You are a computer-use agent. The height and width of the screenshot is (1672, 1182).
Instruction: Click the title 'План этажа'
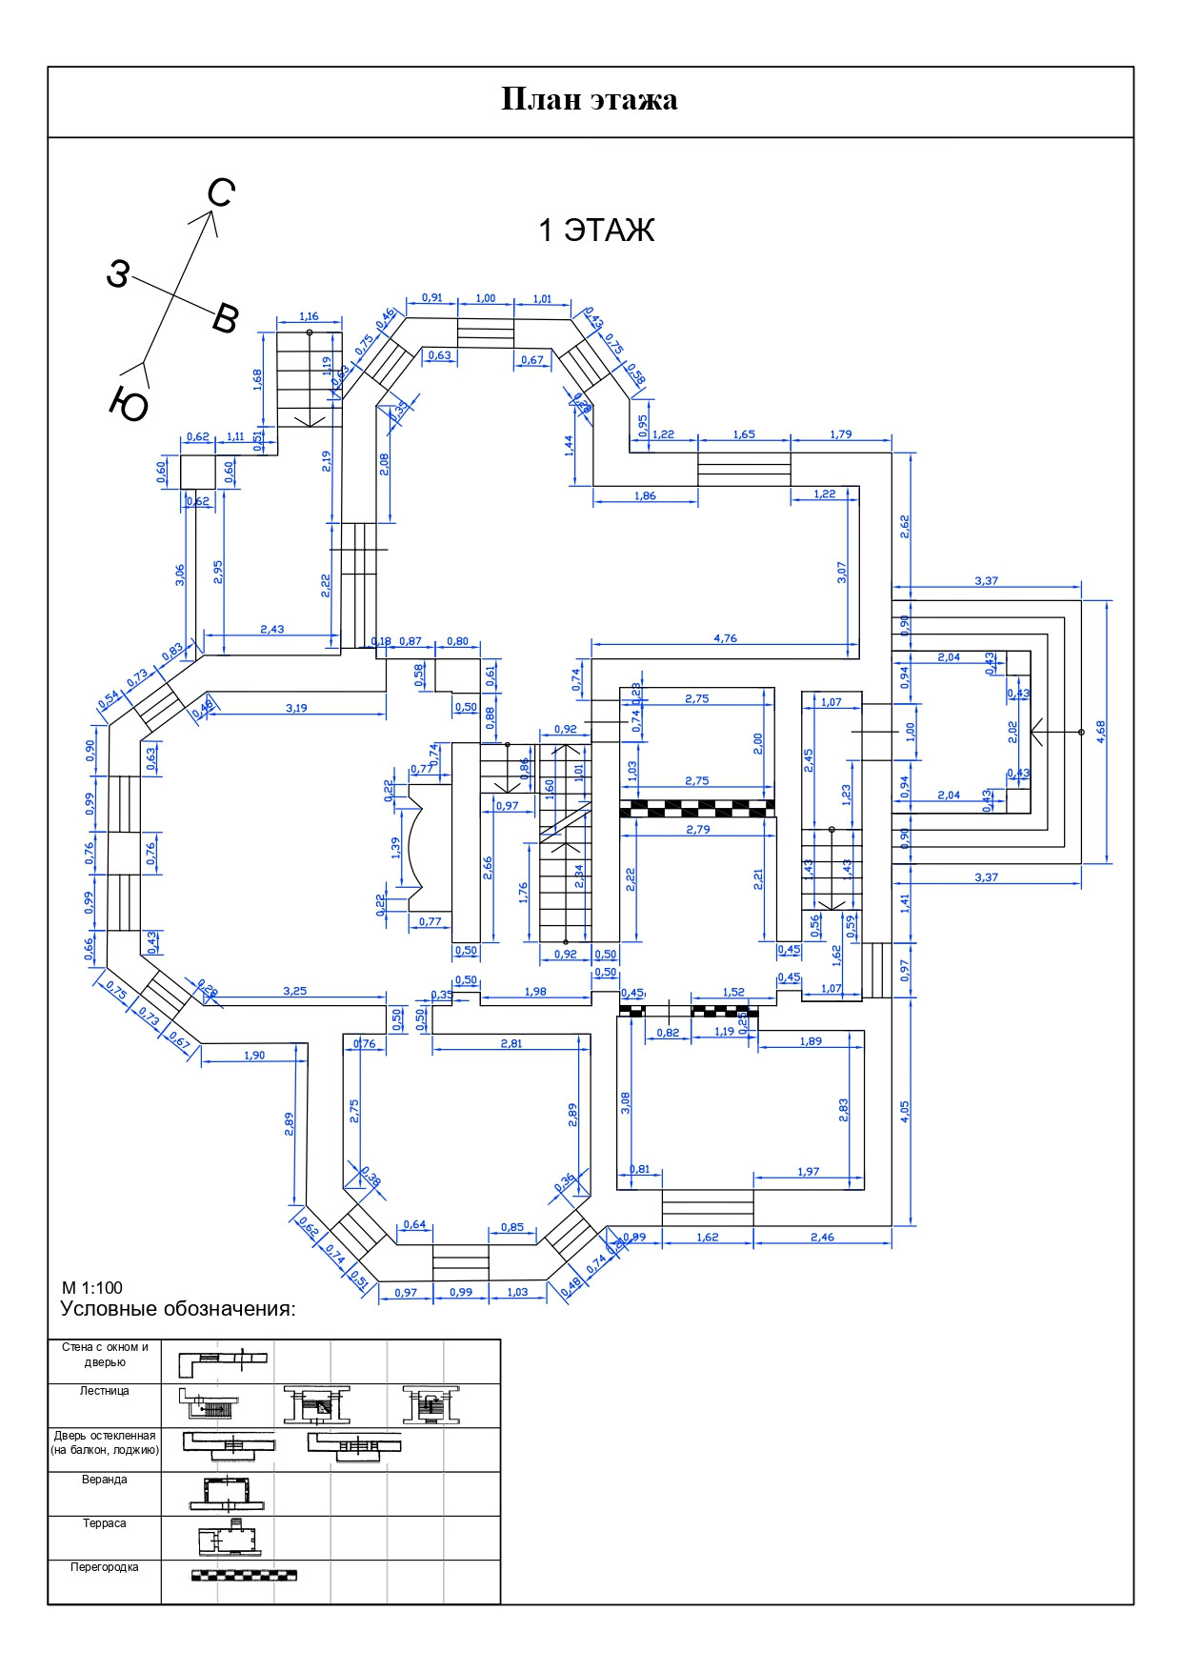pos(590,100)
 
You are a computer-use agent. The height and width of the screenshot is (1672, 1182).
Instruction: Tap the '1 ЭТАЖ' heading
pos(596,231)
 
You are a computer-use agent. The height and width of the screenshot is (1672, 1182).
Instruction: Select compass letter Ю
pos(129,406)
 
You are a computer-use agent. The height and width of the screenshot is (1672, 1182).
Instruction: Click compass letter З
pos(116,274)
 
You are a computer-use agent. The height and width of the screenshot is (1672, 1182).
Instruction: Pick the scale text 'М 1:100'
pos(92,1288)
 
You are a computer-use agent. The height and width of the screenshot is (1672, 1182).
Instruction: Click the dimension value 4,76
pos(725,638)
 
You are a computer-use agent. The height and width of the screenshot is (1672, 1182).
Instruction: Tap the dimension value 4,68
pos(1101,731)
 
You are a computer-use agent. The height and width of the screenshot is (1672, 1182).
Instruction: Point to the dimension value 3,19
pos(296,708)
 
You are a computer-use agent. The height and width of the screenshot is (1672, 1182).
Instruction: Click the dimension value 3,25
pos(295,991)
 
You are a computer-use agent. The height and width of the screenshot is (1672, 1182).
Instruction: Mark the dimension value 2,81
pos(511,1043)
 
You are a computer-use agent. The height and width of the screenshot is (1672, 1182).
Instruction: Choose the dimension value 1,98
pos(535,992)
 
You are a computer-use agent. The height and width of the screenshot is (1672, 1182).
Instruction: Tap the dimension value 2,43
pos(271,629)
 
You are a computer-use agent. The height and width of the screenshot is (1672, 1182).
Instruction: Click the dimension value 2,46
pos(822,1237)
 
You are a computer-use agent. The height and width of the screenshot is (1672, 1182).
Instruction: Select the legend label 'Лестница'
pos(105,1391)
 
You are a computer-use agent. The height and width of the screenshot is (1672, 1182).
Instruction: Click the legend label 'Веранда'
pos(105,1480)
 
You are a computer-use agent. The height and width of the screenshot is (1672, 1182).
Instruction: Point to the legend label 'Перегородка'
pos(105,1566)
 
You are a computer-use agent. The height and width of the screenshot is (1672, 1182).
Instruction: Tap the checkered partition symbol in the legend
pos(244,1575)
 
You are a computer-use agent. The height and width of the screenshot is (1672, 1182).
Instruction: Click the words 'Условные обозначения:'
pos(178,1309)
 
